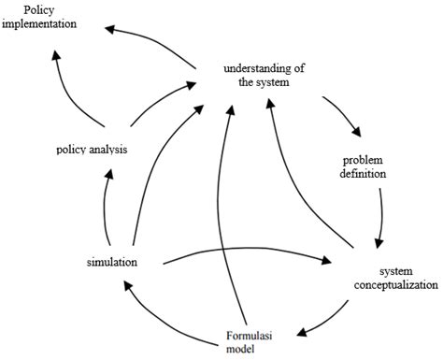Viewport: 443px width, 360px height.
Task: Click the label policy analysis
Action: pyautogui.click(x=92, y=149)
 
